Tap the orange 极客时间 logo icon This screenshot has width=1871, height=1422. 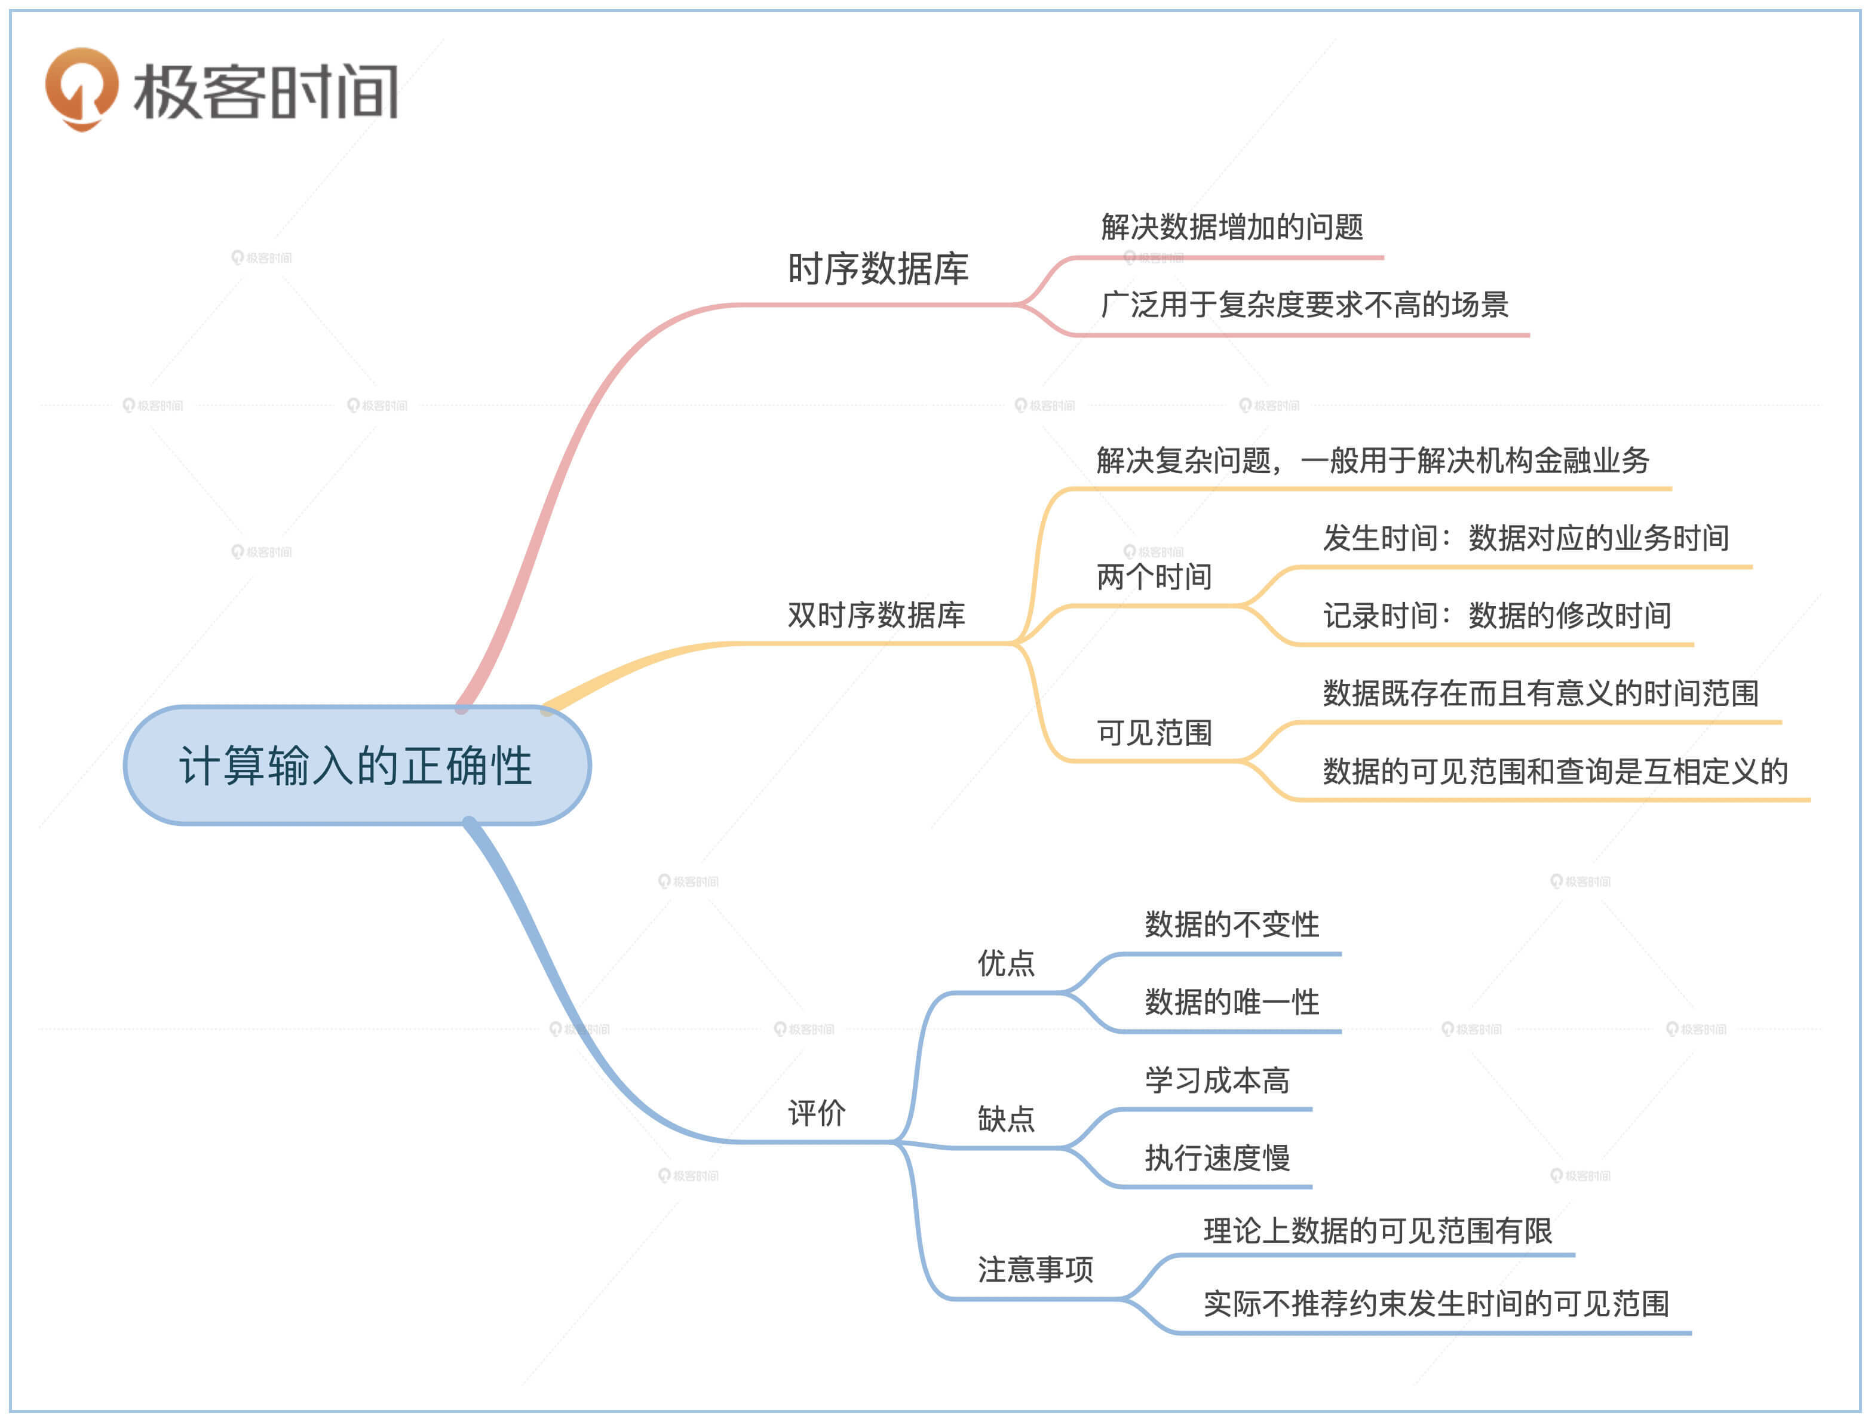point(81,88)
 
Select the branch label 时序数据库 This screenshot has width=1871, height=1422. point(878,269)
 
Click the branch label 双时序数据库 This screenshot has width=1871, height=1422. point(876,615)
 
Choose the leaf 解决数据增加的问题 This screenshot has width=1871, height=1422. point(1232,227)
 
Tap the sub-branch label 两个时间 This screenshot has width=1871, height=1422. point(1154,578)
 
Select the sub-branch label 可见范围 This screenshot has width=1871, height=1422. point(1154,733)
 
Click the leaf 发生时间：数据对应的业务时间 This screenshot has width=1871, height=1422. point(1526,538)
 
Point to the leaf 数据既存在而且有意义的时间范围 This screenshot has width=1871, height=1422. point(1541,694)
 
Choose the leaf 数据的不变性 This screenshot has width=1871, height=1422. point(1232,925)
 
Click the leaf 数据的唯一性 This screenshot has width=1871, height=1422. point(1232,1002)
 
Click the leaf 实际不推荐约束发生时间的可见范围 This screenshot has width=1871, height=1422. point(1436,1304)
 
